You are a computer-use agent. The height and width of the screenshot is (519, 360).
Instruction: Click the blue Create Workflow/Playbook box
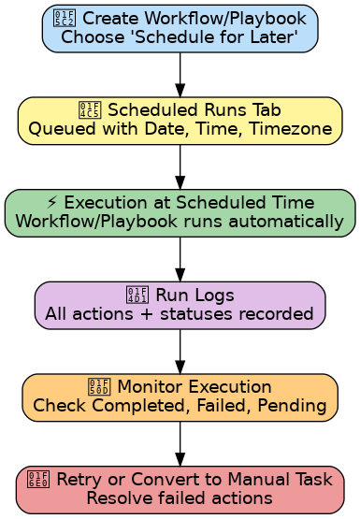[x=180, y=28]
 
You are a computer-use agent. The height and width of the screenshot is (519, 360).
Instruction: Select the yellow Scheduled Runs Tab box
[x=180, y=121]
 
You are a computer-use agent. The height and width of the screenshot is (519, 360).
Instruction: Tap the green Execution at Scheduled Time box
[x=180, y=213]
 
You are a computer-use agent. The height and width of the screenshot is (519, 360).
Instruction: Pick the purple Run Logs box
[x=180, y=305]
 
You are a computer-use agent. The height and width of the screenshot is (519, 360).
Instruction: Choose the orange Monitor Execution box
[x=180, y=397]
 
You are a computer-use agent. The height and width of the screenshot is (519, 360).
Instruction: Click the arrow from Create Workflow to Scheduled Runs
[x=180, y=74]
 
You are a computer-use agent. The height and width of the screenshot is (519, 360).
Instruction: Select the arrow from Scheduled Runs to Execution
[x=180, y=166]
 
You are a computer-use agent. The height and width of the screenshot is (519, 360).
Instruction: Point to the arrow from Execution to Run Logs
[x=180, y=259]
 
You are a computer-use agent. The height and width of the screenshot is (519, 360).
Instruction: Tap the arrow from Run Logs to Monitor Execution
[x=180, y=352]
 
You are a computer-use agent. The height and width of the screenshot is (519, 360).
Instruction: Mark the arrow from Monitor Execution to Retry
[x=180, y=443]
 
